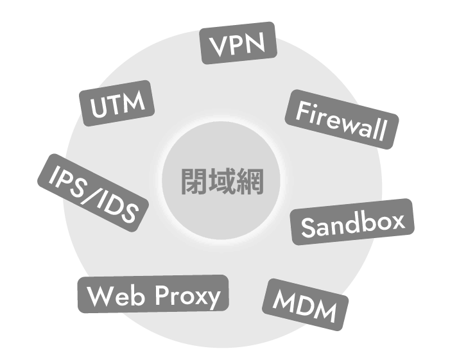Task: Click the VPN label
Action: point(238,43)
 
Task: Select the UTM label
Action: point(118,103)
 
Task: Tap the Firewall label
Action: point(341,119)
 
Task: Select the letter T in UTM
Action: point(117,103)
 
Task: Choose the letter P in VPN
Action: point(238,44)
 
